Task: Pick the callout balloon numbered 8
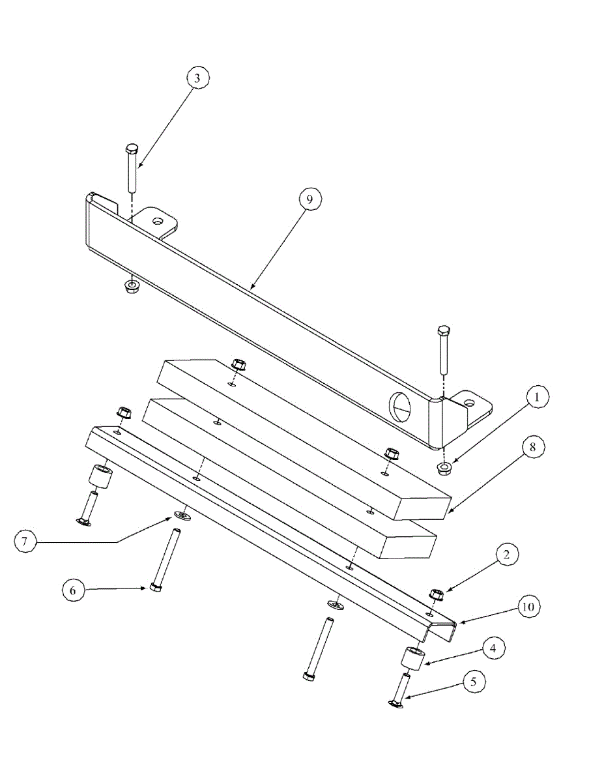click(x=532, y=447)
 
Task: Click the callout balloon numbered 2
click(x=507, y=555)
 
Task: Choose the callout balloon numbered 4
click(x=493, y=648)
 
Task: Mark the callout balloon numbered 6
click(x=73, y=590)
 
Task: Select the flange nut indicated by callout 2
click(x=437, y=594)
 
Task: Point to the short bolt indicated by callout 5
click(x=399, y=691)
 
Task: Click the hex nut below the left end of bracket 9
click(x=132, y=287)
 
